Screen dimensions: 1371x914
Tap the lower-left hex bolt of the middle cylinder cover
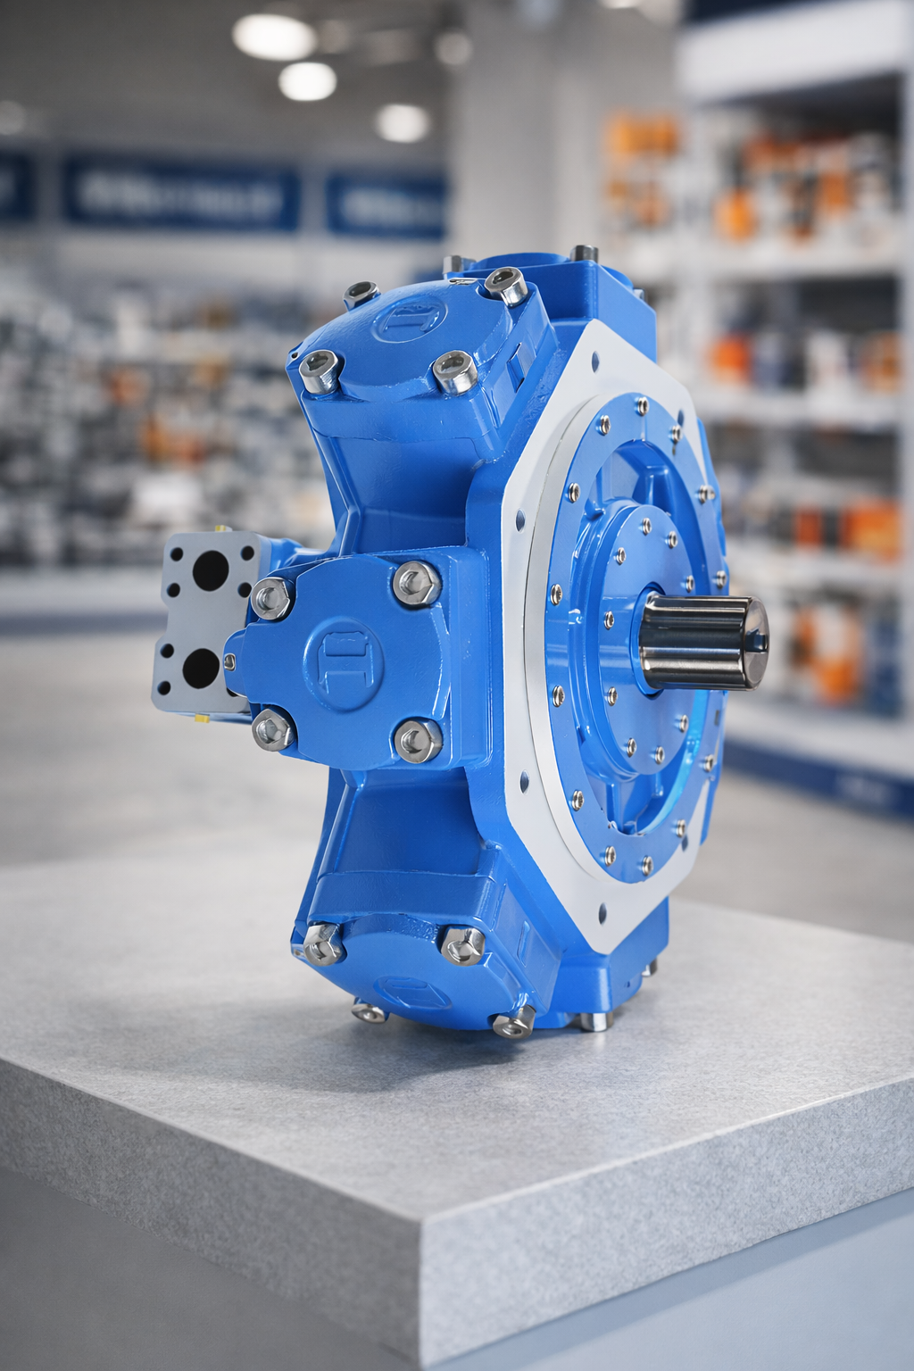(272, 730)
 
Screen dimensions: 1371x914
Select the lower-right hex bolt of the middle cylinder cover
(418, 740)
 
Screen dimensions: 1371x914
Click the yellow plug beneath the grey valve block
(202, 716)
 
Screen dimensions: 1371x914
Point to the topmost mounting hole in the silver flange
(596, 363)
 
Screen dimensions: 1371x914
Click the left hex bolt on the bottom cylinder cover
(323, 943)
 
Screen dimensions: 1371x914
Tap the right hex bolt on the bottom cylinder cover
(462, 944)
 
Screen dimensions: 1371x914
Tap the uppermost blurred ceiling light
(273, 36)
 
